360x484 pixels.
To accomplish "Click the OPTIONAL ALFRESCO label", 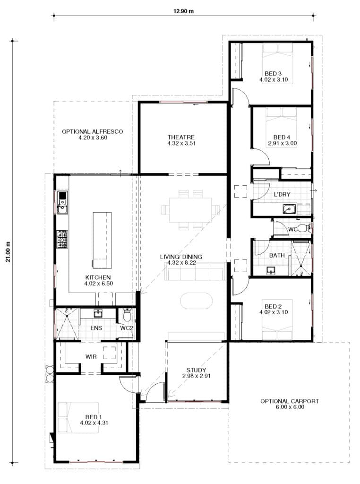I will (x=93, y=131).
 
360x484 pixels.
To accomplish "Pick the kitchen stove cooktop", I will (x=62, y=239).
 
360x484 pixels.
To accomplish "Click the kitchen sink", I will (x=62, y=203).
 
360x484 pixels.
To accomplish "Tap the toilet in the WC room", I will (x=303, y=229).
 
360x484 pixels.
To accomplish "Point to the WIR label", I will (x=92, y=357).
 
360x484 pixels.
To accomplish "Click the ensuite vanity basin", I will (x=98, y=314).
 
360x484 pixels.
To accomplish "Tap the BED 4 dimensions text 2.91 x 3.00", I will (x=282, y=143).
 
